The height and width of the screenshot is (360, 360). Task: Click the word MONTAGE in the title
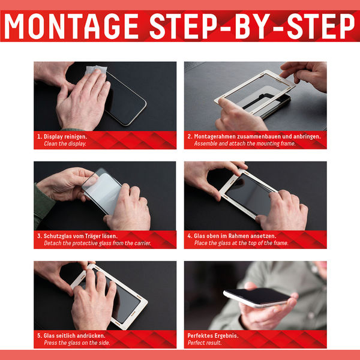pos(71,26)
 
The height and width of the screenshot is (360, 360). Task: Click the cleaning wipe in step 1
pos(96,70)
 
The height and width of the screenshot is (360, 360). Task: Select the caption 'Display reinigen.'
pos(65,137)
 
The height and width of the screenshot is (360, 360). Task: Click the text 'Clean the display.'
pos(65,144)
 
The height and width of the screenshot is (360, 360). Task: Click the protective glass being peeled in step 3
pos(102,191)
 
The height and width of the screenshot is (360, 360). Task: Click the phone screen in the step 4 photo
pos(249,194)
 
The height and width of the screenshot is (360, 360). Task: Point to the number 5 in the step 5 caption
pos(39,335)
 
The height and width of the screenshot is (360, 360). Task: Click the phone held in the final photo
pos(257,298)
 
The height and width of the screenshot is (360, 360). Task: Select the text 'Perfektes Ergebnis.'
pos(213,335)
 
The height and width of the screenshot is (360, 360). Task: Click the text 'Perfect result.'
pos(205,343)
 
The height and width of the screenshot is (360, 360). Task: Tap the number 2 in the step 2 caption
pos(189,137)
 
